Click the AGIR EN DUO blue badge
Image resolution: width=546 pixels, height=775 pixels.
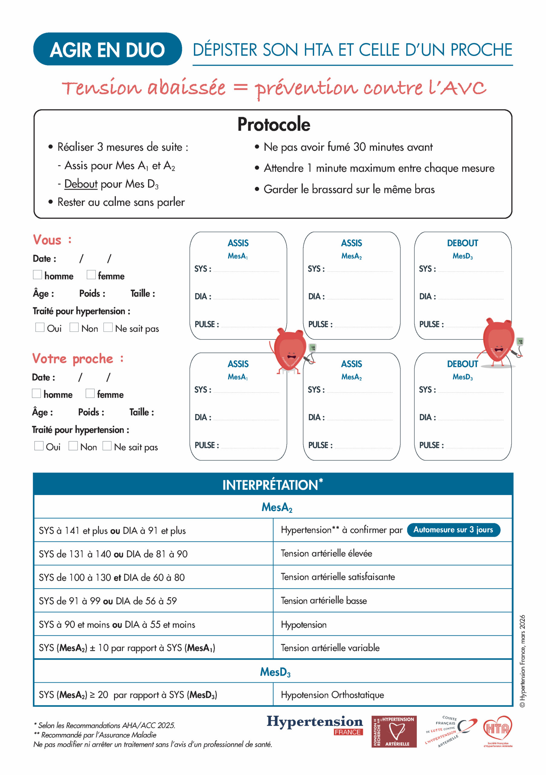[107, 49]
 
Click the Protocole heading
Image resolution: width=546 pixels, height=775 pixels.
[273, 124]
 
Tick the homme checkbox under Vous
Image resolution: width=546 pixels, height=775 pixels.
[38, 275]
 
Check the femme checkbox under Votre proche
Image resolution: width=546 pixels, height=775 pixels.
[90, 393]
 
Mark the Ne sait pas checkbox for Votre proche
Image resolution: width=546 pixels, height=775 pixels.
[107, 446]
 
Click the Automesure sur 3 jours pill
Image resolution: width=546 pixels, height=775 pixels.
[453, 529]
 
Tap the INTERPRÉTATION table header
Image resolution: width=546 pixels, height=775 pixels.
[273, 485]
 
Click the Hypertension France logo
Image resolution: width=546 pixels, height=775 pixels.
[314, 725]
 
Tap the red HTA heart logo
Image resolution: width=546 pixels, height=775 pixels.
[497, 730]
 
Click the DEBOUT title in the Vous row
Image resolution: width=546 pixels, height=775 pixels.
[462, 243]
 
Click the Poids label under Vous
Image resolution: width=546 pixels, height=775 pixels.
[92, 293]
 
